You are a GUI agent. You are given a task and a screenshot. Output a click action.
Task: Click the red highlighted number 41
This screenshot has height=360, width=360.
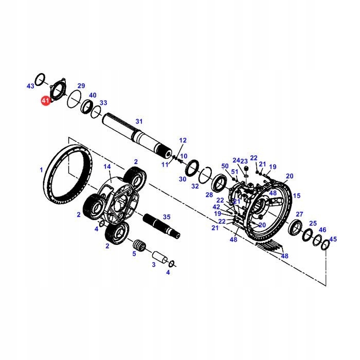[46, 100]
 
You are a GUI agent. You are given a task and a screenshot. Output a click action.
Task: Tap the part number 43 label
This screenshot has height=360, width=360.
[30, 86]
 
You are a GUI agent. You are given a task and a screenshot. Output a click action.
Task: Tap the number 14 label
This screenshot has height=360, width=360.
[107, 167]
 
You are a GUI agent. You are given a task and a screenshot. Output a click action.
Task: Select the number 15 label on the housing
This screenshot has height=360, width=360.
[296, 196]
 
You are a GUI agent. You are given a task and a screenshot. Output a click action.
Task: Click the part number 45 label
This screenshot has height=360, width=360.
[333, 239]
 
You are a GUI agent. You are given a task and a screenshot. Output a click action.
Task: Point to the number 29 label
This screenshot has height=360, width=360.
[81, 85]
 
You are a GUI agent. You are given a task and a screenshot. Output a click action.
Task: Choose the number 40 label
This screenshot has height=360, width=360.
[93, 95]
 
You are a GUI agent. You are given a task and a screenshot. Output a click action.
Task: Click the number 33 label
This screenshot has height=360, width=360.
[103, 103]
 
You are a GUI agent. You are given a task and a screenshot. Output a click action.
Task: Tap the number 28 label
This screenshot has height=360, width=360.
[209, 195]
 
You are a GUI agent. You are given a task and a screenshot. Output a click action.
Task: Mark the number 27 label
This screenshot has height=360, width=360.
[299, 214]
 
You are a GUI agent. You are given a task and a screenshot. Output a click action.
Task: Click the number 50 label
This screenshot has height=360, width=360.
[225, 166]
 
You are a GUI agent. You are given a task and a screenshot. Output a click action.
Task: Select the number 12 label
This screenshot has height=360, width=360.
[183, 140]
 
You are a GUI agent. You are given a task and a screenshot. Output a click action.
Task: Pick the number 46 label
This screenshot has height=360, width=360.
[322, 230]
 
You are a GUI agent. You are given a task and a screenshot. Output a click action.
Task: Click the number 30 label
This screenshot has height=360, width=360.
[182, 179]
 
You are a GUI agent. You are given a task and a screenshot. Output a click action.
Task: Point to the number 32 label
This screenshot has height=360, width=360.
[195, 186]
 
